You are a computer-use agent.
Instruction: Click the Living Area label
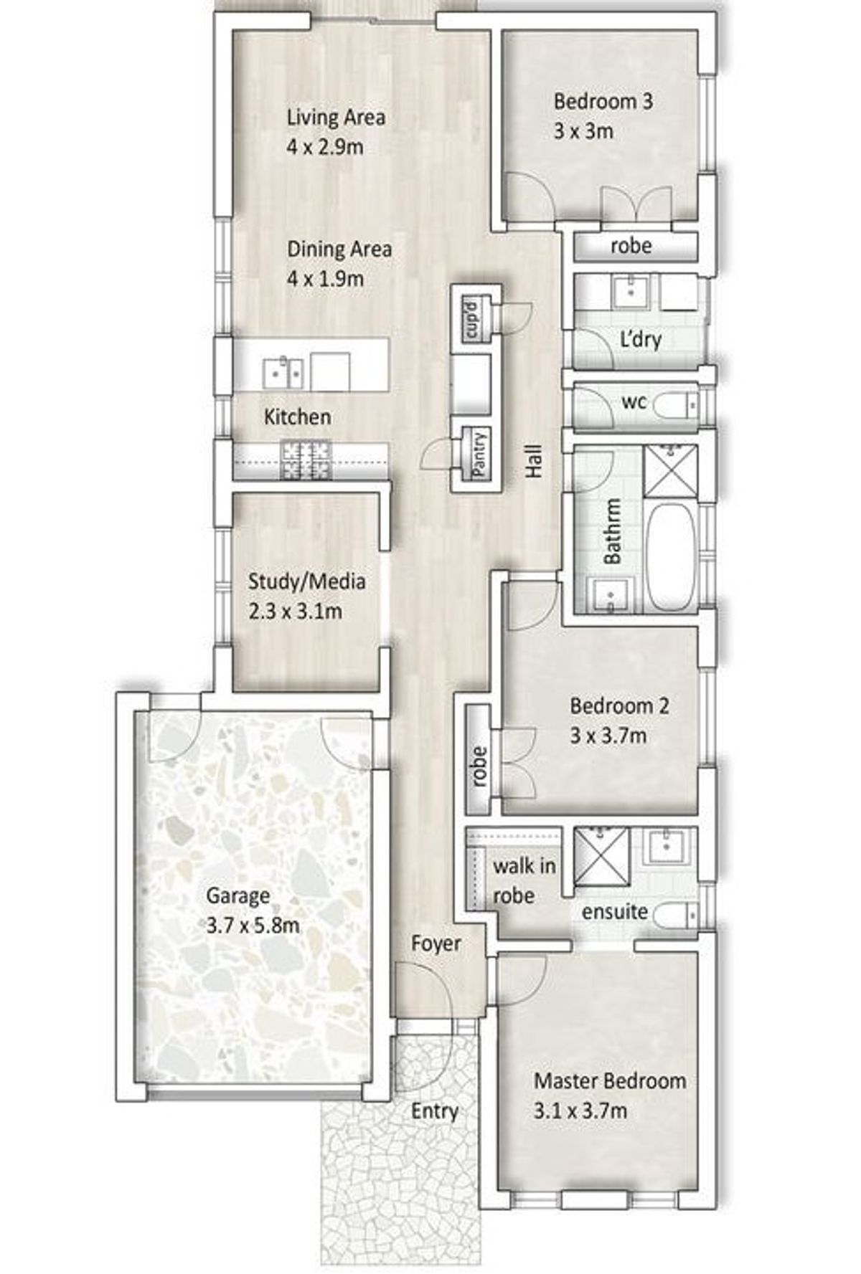[x=336, y=117]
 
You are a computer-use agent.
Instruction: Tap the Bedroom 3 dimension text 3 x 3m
[x=583, y=132]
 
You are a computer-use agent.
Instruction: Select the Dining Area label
[x=339, y=249]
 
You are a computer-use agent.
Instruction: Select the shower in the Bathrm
[x=669, y=470]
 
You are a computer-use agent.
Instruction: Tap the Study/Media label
[x=307, y=581]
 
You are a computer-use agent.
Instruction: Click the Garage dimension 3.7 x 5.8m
[x=253, y=926]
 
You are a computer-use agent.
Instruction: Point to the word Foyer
[x=436, y=943]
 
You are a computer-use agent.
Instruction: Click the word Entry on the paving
[x=435, y=1111]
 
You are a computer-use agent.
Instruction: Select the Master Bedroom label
[x=610, y=1080]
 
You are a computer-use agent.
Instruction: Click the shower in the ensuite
[x=601, y=854]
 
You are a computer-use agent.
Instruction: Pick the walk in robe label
[x=524, y=881]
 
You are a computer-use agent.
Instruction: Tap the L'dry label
[x=641, y=339]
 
